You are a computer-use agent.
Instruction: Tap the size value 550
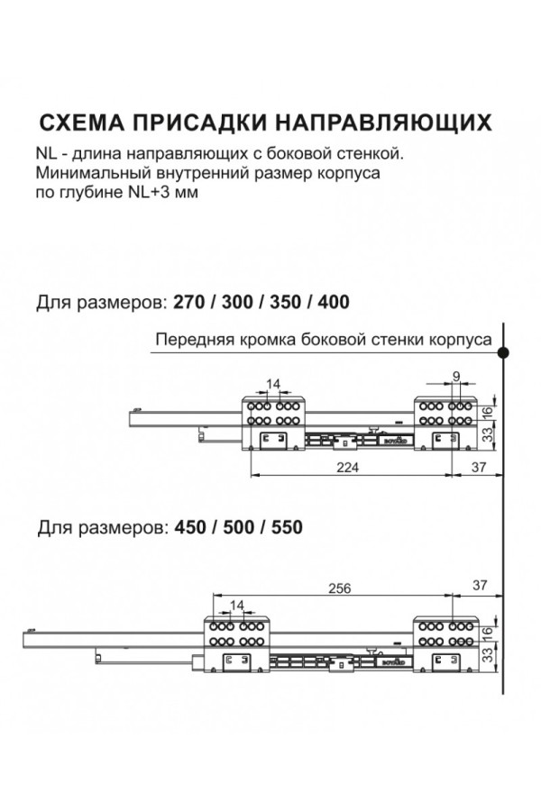[284, 526]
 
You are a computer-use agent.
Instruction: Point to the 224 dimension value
[347, 467]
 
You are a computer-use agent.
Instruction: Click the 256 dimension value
[338, 588]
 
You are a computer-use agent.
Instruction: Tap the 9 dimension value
[457, 377]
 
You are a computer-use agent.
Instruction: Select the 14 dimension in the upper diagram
[274, 384]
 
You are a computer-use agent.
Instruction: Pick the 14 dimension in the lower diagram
[237, 604]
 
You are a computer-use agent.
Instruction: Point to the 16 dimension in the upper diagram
[488, 412]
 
